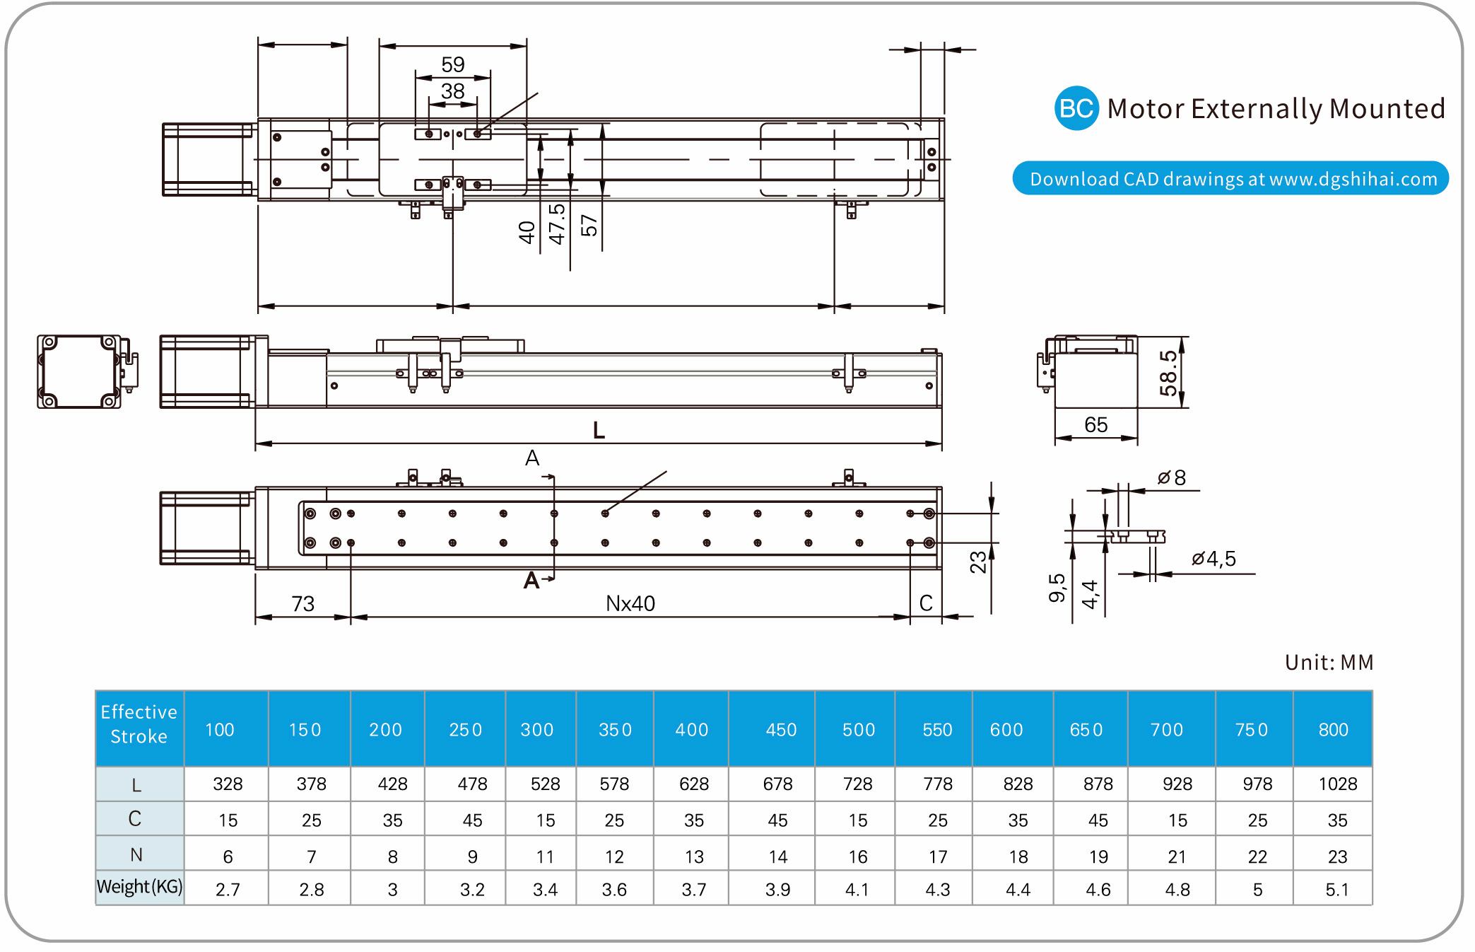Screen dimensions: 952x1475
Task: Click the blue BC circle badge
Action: coord(1076,108)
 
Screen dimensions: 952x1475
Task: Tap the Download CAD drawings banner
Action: coord(1230,178)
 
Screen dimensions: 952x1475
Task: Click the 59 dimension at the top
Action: coord(453,64)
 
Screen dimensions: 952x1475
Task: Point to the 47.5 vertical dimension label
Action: coord(558,224)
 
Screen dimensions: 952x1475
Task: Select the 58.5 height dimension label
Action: coord(1168,373)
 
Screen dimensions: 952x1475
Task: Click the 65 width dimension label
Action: coord(1095,425)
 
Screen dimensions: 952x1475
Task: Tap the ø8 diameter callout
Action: coord(1172,478)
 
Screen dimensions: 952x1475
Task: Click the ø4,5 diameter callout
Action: coord(1214,559)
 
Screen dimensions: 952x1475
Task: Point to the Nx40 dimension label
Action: coord(630,603)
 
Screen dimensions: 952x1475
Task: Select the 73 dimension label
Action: coord(303,603)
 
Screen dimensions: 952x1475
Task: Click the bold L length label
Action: coord(599,430)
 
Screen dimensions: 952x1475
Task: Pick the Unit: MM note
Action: coord(1329,662)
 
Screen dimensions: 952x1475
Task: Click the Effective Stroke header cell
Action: coord(139,724)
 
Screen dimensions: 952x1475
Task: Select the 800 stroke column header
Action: coord(1333,729)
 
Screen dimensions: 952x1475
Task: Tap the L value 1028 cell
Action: coord(1337,784)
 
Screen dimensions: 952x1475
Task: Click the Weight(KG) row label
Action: coord(139,887)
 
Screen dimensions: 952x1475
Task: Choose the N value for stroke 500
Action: coord(857,857)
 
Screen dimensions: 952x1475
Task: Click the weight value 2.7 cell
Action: coord(228,890)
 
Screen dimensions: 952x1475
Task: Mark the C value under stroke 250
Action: coord(472,820)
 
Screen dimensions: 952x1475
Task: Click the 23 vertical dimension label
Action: coord(978,562)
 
